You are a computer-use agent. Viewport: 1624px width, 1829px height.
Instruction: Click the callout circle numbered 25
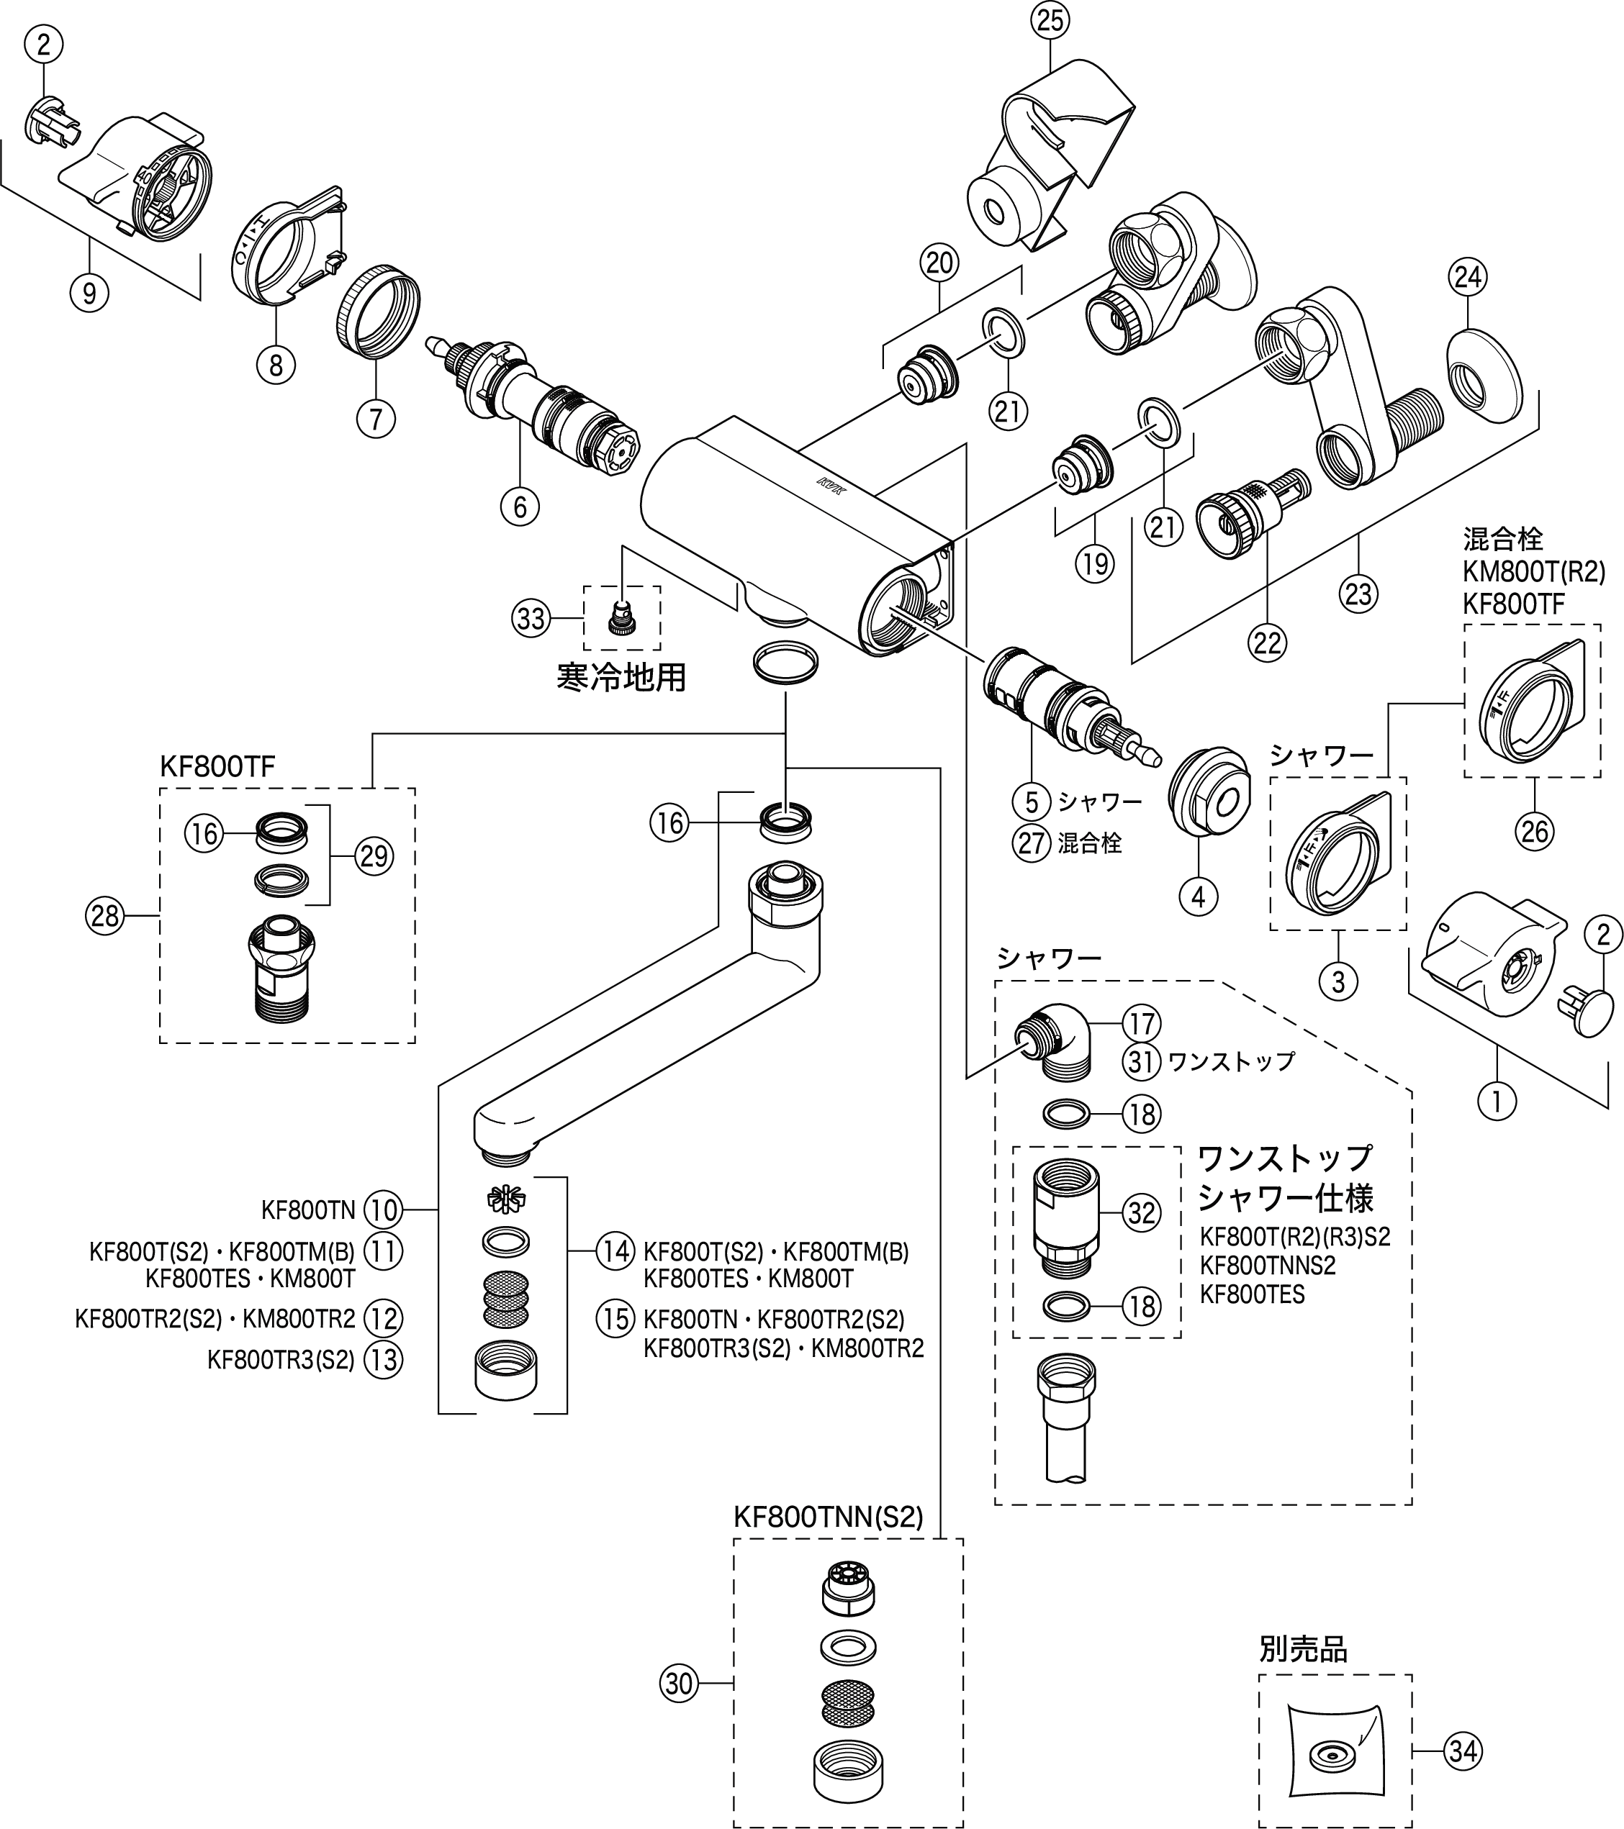[x=1050, y=19]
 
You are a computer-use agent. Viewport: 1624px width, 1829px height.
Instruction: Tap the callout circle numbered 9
[x=89, y=293]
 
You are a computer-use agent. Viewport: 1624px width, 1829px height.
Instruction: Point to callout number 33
[x=531, y=618]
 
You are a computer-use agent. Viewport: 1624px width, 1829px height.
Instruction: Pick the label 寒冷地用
[x=621, y=677]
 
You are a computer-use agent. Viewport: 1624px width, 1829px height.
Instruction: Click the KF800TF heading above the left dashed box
[x=217, y=766]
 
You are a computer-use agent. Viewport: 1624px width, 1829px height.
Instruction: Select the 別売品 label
[x=1303, y=1649]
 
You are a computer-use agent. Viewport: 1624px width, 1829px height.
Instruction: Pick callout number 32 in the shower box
[x=1142, y=1212]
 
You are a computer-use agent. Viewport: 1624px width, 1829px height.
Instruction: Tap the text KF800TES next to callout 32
[x=1252, y=1294]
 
